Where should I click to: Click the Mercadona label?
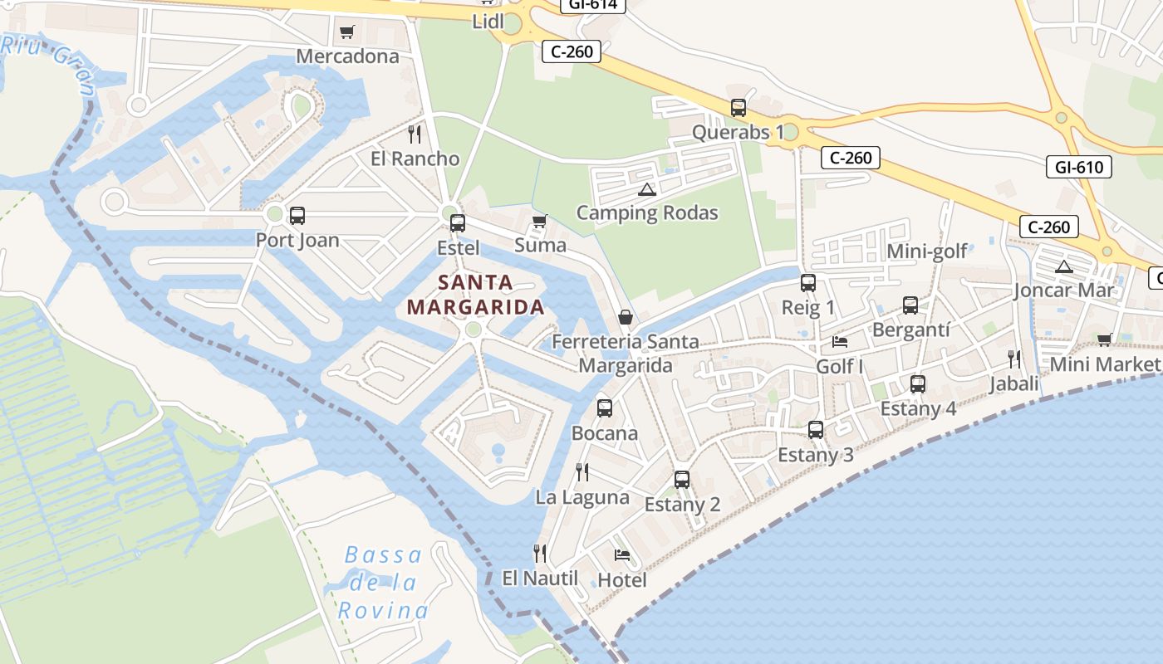347,56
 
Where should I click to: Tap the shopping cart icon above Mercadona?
347,32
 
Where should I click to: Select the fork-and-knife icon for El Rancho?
415,134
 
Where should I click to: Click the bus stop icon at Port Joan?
297,216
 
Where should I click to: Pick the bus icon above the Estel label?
458,222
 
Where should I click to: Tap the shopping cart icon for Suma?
540,221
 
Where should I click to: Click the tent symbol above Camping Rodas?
647,189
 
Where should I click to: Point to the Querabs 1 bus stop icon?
739,108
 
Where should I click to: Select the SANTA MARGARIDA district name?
476,295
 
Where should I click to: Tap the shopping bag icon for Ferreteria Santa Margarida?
626,317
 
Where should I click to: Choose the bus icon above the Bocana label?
605,408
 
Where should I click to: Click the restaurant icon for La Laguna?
582,472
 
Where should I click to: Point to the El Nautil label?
540,578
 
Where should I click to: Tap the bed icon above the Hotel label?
622,555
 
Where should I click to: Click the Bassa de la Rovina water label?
383,583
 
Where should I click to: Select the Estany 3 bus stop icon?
816,430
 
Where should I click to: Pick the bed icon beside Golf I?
840,341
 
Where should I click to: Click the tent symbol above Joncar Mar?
1063,266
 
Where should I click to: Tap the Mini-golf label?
927,251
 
